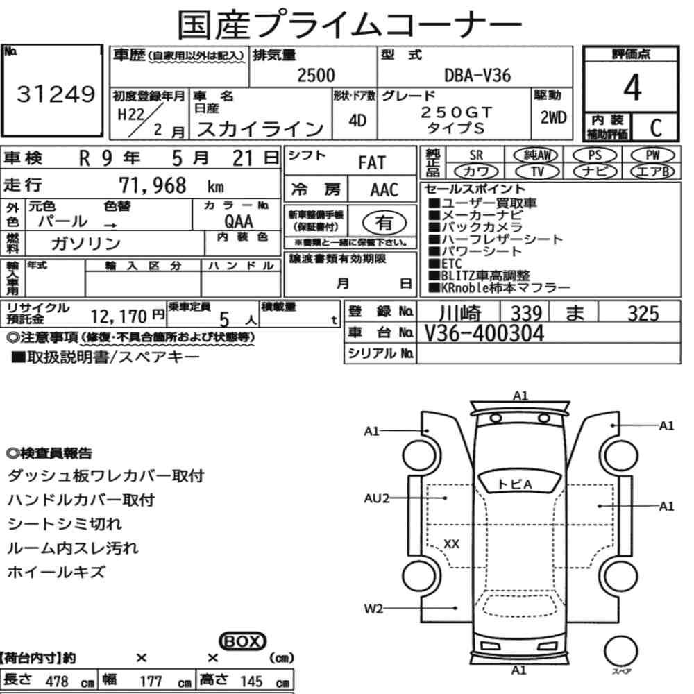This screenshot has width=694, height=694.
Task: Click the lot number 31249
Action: (56, 94)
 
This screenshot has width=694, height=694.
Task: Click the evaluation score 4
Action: (632, 87)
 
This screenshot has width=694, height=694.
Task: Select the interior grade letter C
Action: (656, 128)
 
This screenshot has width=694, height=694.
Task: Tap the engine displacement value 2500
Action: (316, 75)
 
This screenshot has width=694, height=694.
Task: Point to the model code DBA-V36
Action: (477, 76)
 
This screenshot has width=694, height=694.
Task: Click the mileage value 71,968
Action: (153, 185)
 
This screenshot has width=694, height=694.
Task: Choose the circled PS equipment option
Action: (595, 155)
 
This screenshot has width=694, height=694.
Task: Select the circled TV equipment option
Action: (537, 171)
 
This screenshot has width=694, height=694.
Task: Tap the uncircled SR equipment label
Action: (476, 155)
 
